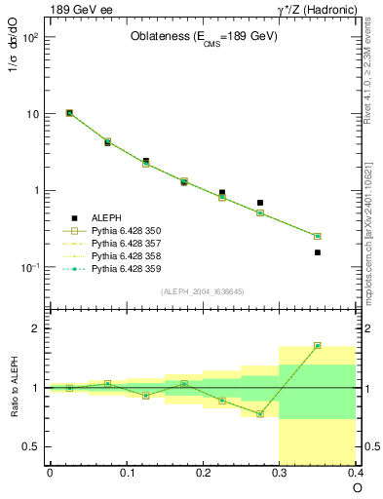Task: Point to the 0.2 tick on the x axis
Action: (203, 473)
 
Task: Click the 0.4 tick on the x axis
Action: (356, 473)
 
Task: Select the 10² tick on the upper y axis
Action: (28, 37)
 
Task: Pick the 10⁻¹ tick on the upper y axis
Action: (28, 267)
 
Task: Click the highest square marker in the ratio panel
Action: (318, 345)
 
